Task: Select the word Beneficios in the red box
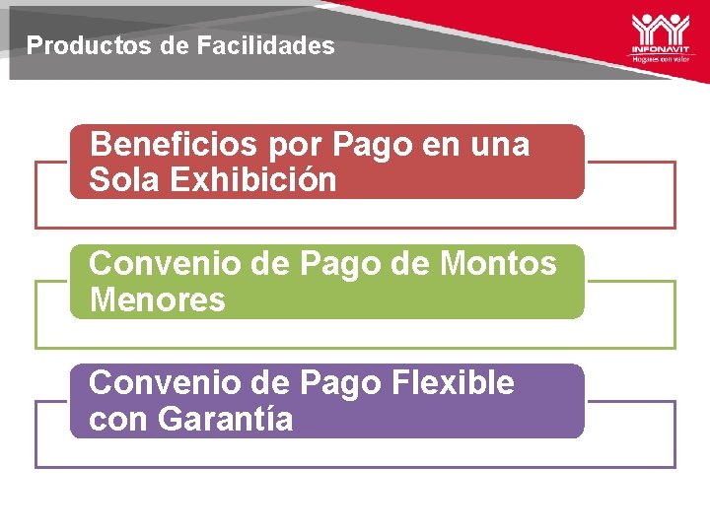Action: (172, 146)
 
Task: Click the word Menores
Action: (157, 299)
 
